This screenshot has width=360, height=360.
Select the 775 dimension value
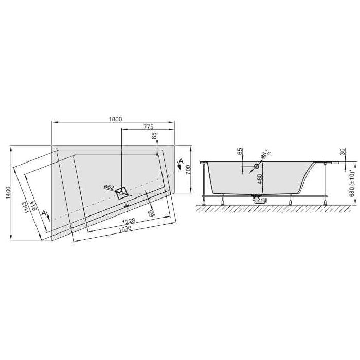pyautogui.click(x=148, y=127)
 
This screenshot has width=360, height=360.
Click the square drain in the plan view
pyautogui.click(x=122, y=193)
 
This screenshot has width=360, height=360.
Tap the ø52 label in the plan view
pyautogui.click(x=109, y=186)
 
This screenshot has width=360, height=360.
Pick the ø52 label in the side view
pyautogui.click(x=264, y=154)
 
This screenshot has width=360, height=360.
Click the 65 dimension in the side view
pyautogui.click(x=240, y=151)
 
